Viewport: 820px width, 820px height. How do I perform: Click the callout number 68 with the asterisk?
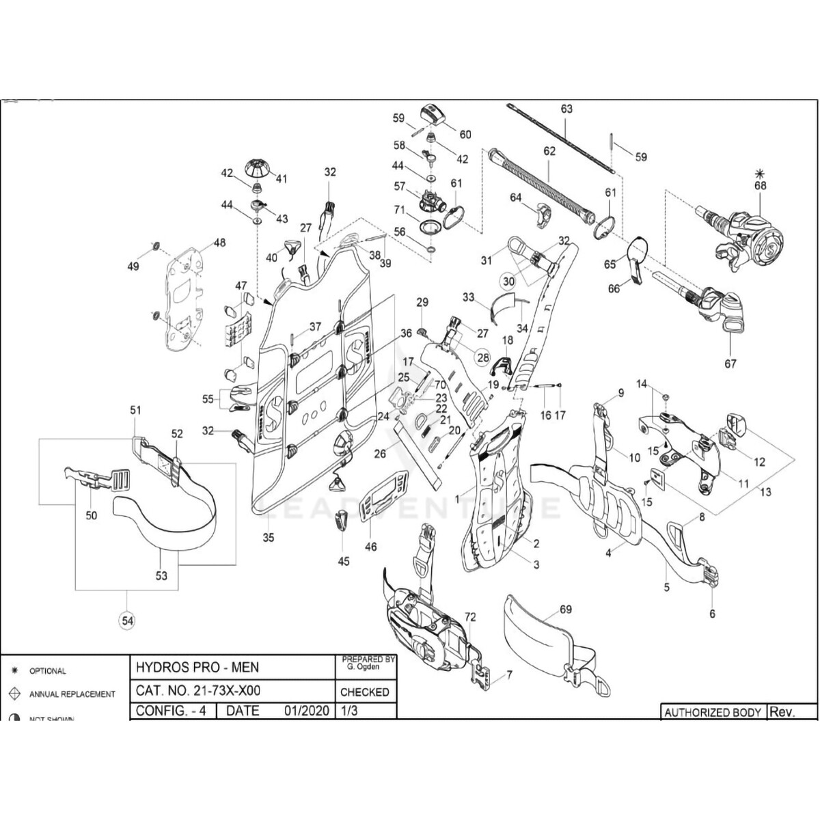(x=760, y=185)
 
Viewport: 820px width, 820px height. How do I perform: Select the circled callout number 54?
(x=128, y=620)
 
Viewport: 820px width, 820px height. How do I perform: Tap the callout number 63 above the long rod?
(x=566, y=109)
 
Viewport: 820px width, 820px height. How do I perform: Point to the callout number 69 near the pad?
(x=565, y=610)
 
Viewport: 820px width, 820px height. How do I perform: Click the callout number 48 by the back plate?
(x=219, y=243)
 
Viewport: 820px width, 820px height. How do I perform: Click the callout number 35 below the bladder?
(x=269, y=538)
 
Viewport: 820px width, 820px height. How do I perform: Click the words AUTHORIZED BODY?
(x=713, y=712)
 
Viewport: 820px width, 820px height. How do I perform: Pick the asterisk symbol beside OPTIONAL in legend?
(x=14, y=670)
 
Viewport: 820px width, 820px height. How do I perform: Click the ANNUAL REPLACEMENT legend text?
(x=72, y=694)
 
